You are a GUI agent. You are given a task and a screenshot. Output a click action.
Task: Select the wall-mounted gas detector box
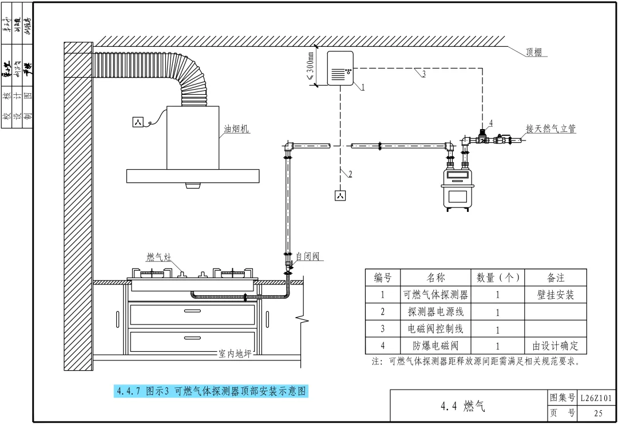(340, 69)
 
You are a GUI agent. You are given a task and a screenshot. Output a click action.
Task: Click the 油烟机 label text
(236, 129)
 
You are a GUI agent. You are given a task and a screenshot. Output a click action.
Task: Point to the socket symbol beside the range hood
(137, 122)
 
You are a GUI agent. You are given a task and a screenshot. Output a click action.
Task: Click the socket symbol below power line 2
(340, 196)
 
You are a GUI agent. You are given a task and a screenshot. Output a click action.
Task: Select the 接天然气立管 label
(550, 129)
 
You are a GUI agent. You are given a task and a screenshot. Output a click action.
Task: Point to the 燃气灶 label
(159, 257)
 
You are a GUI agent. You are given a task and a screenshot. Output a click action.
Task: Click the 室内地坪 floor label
(235, 354)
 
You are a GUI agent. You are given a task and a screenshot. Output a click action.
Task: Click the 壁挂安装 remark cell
(556, 295)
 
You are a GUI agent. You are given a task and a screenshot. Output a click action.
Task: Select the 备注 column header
(556, 278)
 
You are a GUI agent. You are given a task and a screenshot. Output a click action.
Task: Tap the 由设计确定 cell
(556, 346)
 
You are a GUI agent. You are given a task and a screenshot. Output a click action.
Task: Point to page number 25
(599, 414)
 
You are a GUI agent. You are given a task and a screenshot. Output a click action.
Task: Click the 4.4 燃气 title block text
(463, 406)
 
